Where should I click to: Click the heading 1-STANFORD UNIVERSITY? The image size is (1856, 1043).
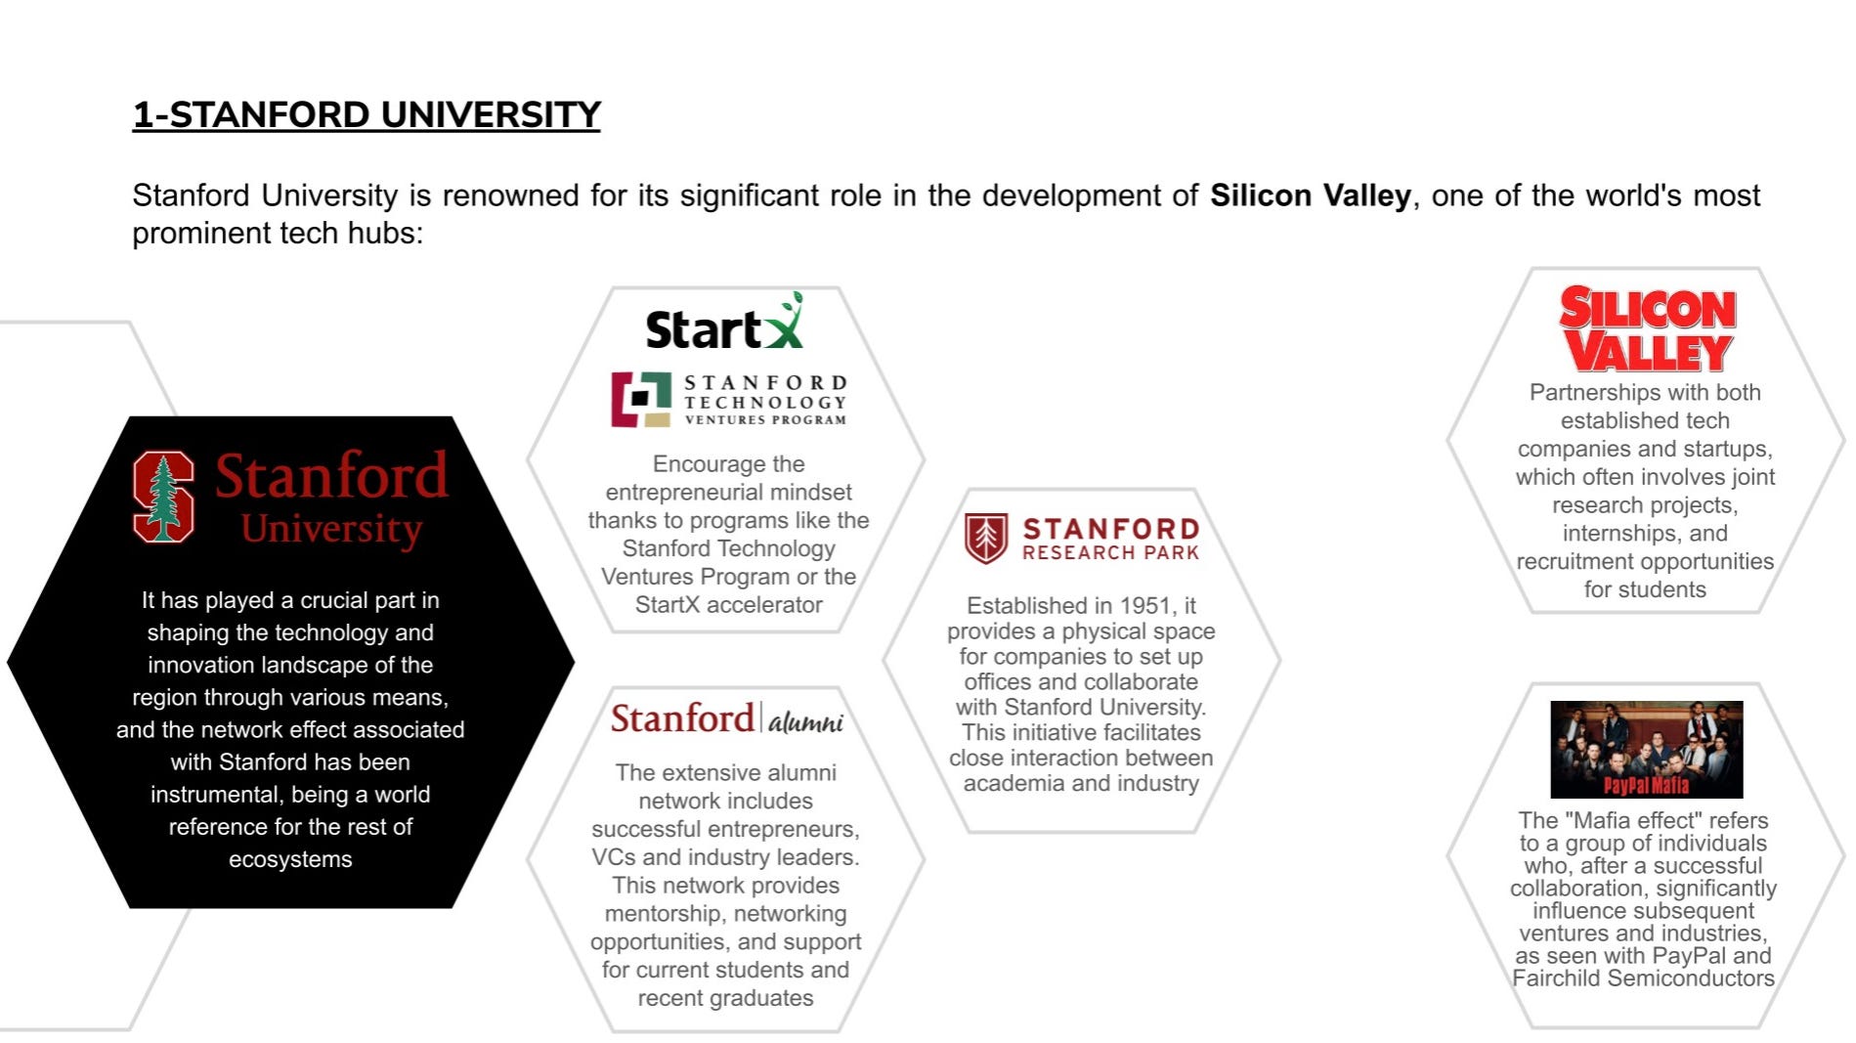(367, 115)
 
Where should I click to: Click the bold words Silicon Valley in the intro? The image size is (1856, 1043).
(1310, 196)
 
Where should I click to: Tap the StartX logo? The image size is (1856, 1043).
(724, 324)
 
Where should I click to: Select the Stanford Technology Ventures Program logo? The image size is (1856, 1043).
(729, 400)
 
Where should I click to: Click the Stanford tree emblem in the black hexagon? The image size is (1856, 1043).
(163, 497)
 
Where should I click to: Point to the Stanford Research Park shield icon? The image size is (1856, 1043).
(985, 538)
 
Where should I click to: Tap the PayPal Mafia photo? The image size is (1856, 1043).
(1646, 749)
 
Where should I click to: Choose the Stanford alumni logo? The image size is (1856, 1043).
(726, 718)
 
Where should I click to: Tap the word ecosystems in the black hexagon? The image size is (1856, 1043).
(290, 859)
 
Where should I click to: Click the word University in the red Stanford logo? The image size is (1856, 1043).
(331, 529)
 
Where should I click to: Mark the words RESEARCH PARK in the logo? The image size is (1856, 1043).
(1110, 553)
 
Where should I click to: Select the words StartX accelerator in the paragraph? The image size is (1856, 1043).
(728, 605)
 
